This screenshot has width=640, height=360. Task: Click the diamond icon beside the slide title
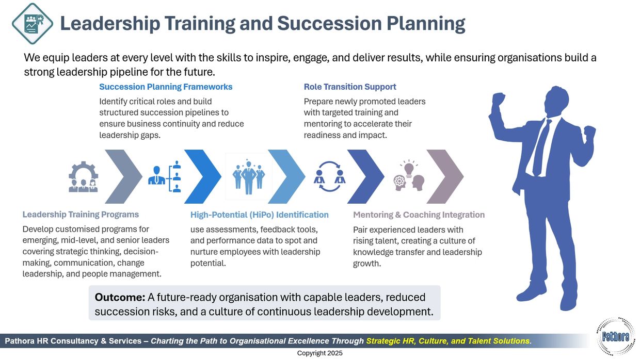pos(33,23)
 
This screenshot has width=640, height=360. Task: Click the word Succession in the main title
pos(329,23)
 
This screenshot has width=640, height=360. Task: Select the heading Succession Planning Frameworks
pos(166,87)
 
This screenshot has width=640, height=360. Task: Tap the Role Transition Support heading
pos(350,87)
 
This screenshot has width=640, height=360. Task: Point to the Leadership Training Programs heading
pos(81,215)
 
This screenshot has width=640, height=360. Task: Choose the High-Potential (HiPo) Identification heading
pos(260,215)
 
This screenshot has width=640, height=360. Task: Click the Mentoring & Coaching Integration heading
pos(419,215)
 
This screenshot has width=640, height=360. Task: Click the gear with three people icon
pos(84,177)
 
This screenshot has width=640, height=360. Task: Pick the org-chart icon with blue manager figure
pos(165,176)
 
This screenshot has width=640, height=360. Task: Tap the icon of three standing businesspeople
pos(249,177)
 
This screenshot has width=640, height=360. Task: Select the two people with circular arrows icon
pos(329,176)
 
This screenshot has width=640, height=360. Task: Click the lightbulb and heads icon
pos(409,175)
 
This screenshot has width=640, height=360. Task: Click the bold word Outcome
pos(120,297)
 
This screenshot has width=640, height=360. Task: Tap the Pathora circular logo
pos(616,336)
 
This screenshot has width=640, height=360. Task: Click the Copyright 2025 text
pos(319,353)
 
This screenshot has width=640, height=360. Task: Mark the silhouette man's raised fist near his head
pos(499,99)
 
